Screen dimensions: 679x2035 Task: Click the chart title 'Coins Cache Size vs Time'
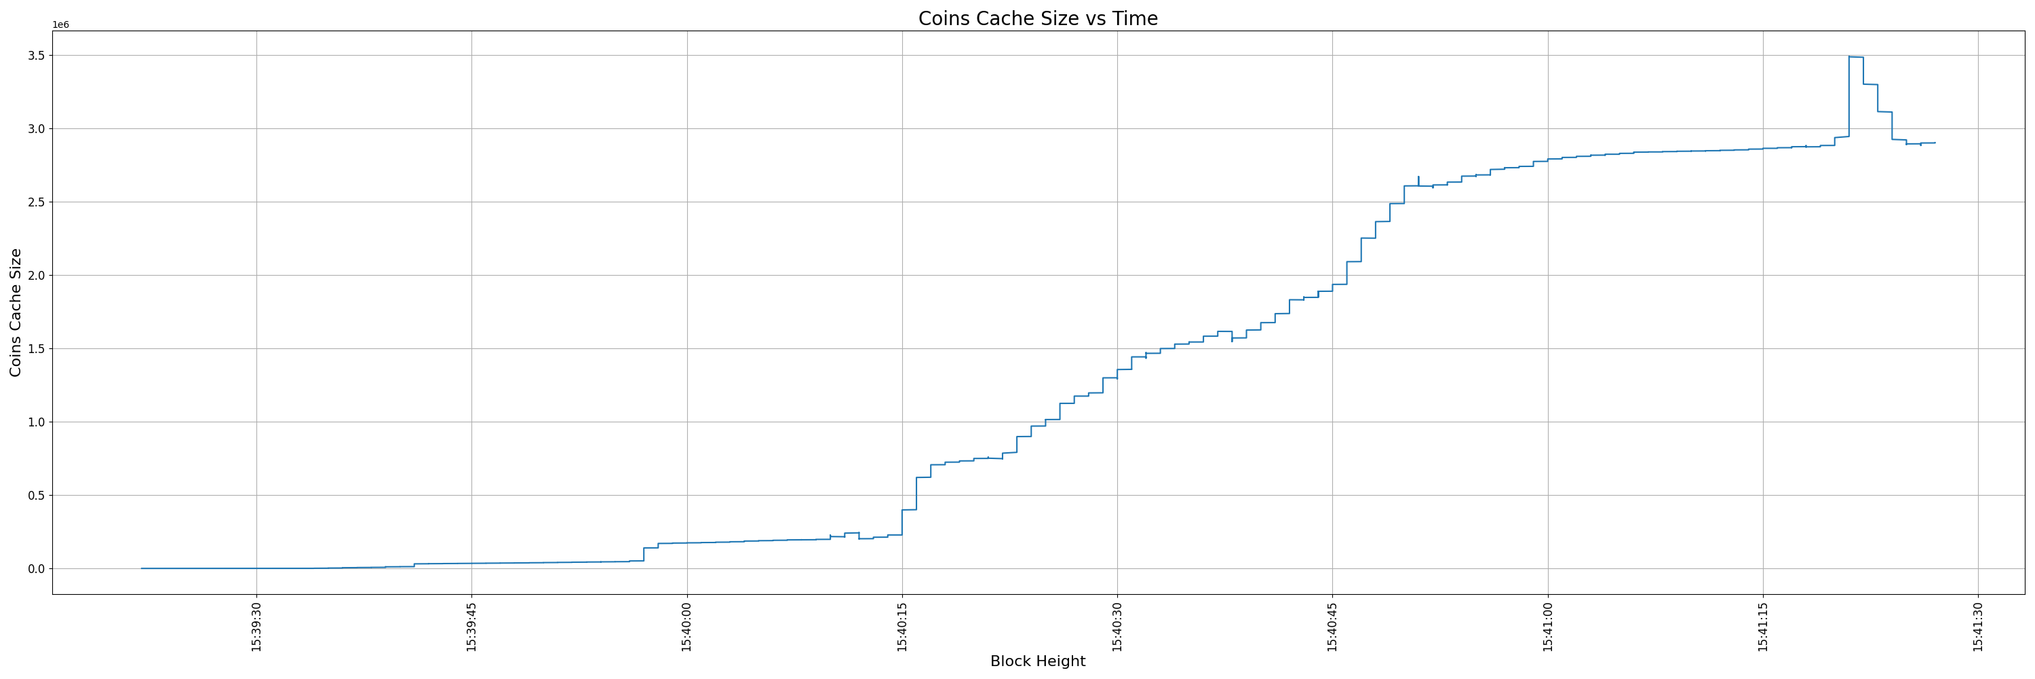[x=1037, y=18]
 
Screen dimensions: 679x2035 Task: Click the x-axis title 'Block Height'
[x=1037, y=661]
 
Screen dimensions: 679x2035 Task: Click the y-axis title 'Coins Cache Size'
[x=16, y=312]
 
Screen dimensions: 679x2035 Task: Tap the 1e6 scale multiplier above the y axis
[x=61, y=25]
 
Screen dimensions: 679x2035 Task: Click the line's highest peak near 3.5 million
[x=1856, y=57]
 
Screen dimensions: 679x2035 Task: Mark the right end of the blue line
[x=1935, y=143]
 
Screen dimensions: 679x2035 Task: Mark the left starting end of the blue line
[x=141, y=568]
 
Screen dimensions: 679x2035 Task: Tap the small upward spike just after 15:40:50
[x=1418, y=177]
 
